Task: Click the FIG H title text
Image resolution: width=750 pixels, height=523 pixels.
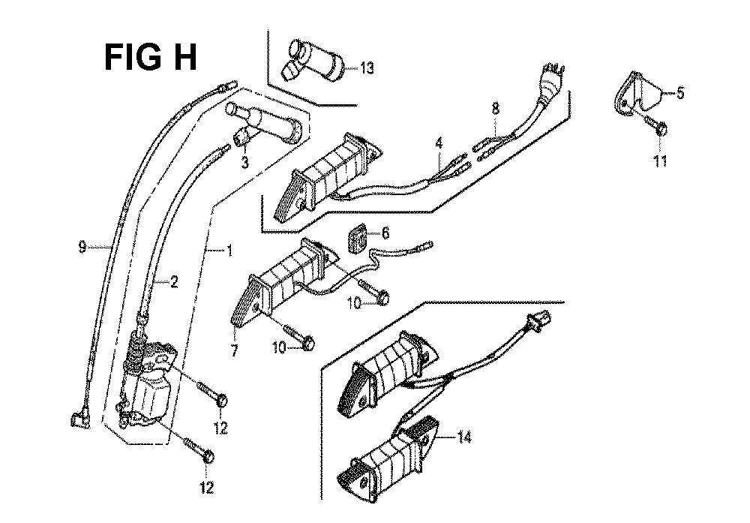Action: [151, 57]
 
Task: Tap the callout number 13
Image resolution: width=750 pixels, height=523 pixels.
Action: [366, 68]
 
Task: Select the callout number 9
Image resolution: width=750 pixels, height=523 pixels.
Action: [82, 246]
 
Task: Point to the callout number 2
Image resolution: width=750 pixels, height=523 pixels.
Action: [173, 282]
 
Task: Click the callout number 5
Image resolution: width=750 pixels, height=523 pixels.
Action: [680, 93]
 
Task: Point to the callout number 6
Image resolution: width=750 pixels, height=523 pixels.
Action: [385, 233]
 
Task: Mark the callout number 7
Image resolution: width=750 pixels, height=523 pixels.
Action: [234, 350]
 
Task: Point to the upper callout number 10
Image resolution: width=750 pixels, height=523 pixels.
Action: [354, 302]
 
